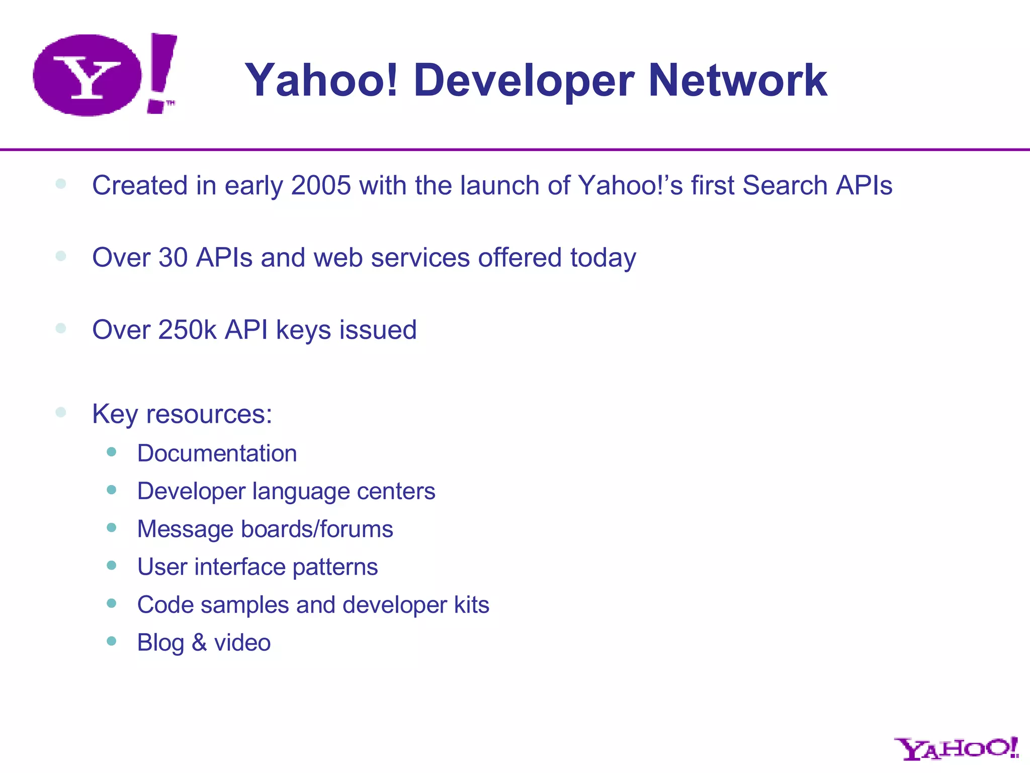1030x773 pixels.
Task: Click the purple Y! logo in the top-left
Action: tap(105, 74)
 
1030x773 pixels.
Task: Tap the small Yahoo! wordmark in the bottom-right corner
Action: tap(956, 748)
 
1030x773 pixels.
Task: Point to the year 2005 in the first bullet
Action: tap(320, 185)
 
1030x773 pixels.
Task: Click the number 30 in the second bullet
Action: tap(173, 258)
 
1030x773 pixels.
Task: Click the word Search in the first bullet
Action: tap(785, 185)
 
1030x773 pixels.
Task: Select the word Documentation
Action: tap(217, 453)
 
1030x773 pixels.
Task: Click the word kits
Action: tap(471, 605)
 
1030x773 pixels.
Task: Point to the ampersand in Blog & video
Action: tap(199, 643)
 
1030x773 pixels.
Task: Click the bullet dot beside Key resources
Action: tap(61, 413)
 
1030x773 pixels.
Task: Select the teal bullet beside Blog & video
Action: tap(112, 641)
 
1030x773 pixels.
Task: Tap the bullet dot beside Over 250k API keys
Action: tap(61, 329)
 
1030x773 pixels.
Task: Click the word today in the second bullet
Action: tap(603, 258)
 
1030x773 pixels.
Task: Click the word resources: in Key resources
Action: tap(209, 414)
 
